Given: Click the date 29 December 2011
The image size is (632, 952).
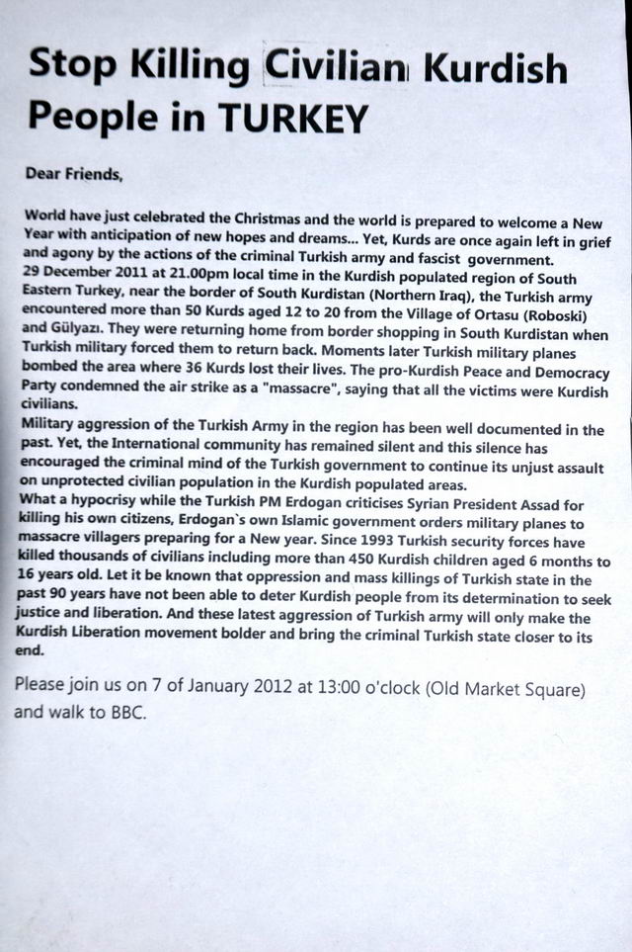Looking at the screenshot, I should point(78,278).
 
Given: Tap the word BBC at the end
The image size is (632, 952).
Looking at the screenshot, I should point(126,712).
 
